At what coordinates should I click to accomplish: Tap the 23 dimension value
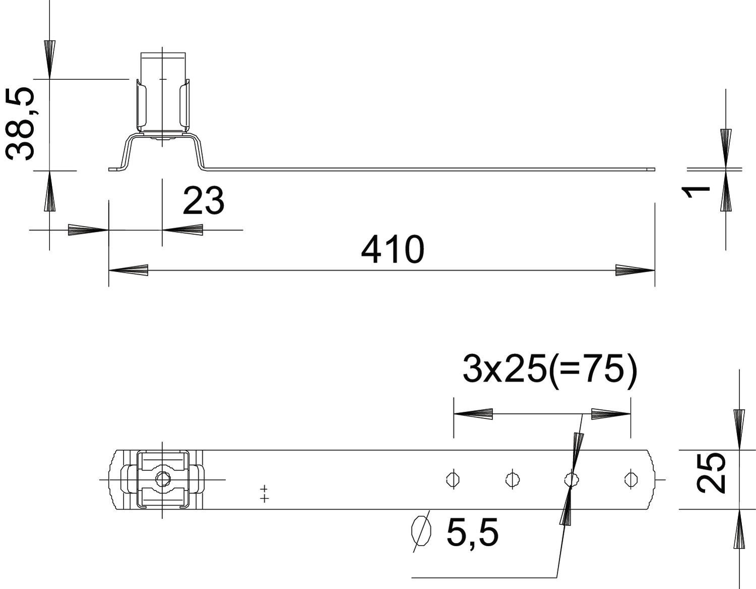point(204,201)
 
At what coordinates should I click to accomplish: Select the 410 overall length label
point(393,249)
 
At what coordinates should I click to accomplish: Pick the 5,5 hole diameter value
point(472,532)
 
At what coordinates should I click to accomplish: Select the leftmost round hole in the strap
point(453,479)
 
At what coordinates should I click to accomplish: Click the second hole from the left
point(512,479)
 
